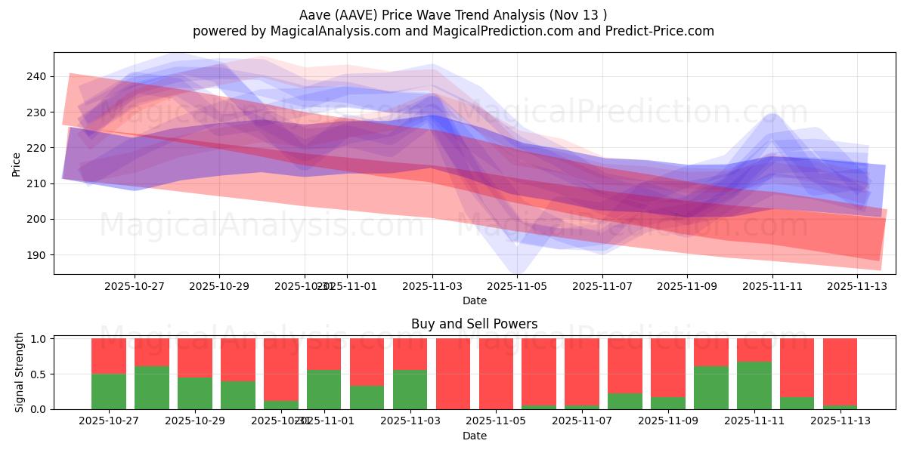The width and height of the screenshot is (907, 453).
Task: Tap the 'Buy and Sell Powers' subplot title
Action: (x=474, y=324)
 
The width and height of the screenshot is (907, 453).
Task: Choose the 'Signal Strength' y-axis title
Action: (x=20, y=373)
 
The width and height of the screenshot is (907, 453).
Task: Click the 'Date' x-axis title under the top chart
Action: (x=474, y=300)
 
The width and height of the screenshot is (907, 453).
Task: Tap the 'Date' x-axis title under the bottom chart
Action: (x=474, y=436)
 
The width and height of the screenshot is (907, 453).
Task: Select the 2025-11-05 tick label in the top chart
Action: (x=517, y=286)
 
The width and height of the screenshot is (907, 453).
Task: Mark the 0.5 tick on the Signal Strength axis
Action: (x=40, y=374)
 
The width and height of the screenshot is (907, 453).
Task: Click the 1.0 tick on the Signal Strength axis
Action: (x=40, y=339)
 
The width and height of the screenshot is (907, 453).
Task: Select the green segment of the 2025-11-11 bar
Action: (x=754, y=385)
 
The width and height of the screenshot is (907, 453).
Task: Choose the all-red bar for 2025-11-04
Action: (x=453, y=374)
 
